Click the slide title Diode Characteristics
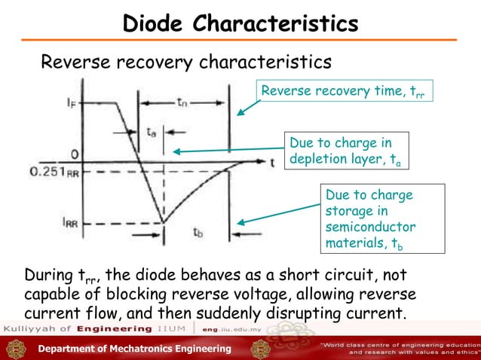[240, 24]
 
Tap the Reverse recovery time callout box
[347, 93]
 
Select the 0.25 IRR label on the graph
[55, 172]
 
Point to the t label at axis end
[271, 161]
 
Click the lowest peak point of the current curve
[164, 223]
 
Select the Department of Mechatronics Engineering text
[135, 348]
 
